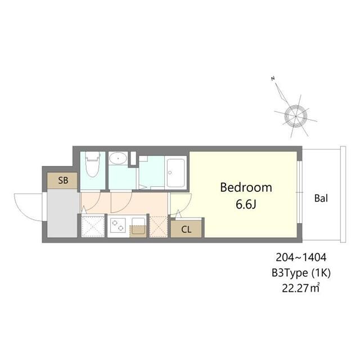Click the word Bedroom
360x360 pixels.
point(246,187)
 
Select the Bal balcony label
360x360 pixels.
point(321,198)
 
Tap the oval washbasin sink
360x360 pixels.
point(117,159)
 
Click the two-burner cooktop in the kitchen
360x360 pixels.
point(118,226)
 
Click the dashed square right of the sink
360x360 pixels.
point(159,226)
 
